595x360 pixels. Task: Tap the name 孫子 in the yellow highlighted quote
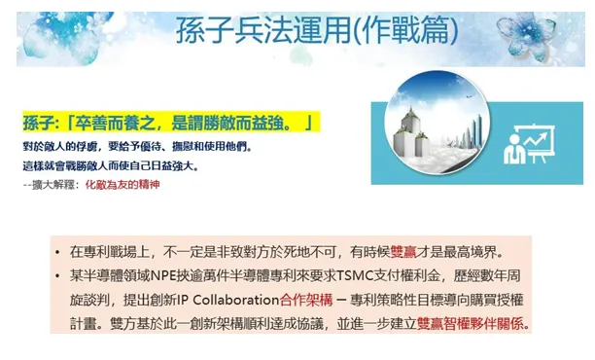pos(39,124)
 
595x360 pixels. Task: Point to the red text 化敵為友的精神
pos(122,184)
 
